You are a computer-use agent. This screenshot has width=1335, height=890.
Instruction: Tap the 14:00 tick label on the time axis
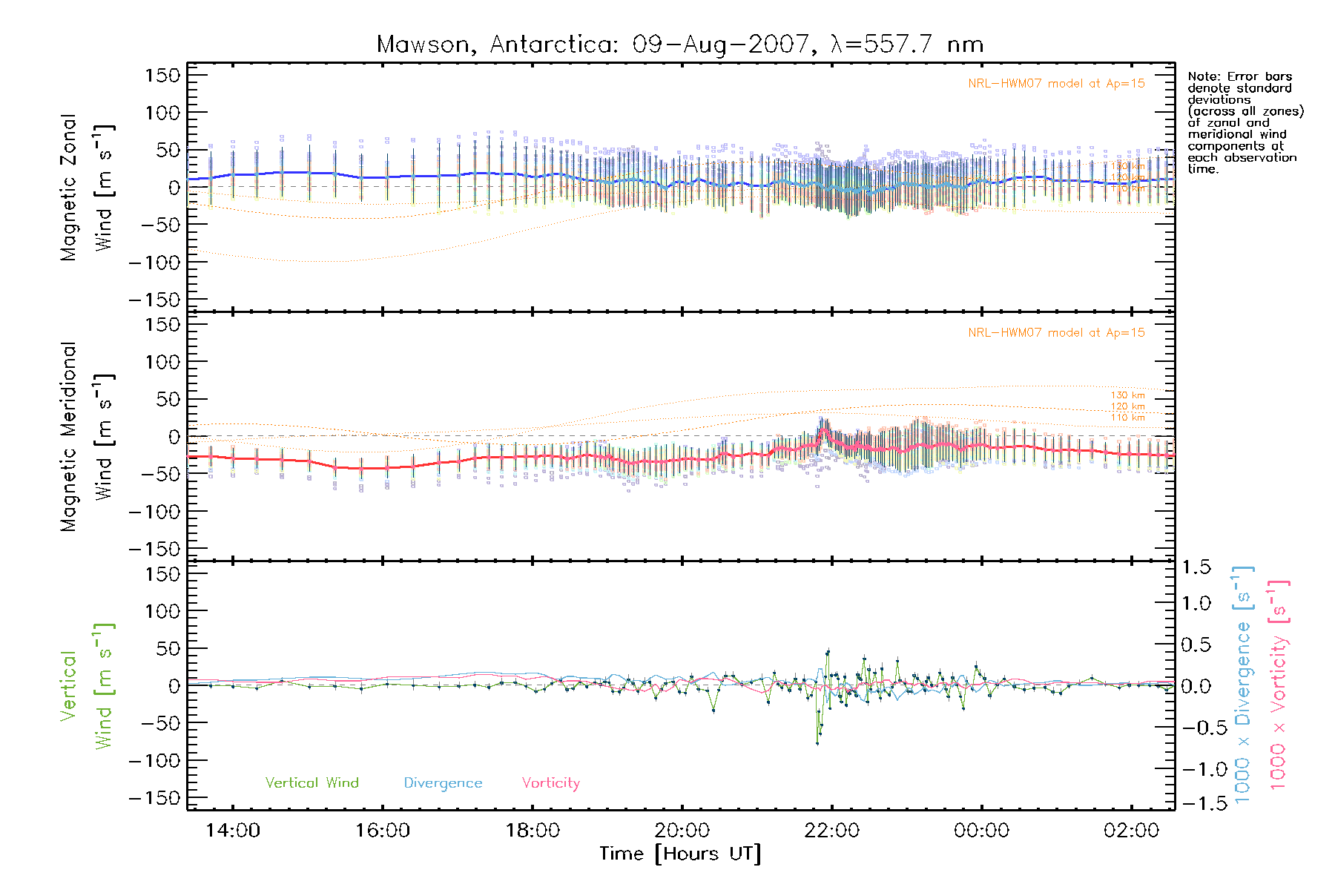click(233, 831)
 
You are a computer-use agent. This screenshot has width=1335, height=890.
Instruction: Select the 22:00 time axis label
click(831, 831)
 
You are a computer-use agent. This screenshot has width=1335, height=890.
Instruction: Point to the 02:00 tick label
click(1131, 831)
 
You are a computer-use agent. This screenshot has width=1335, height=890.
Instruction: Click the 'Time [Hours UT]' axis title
click(680, 854)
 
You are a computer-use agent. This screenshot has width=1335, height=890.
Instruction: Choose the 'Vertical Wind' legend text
click(311, 783)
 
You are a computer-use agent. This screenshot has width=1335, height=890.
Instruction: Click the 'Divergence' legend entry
click(443, 783)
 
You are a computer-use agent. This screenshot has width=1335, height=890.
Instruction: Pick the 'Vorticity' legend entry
click(550, 783)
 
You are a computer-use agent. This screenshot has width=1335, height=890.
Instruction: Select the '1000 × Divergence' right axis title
click(1243, 685)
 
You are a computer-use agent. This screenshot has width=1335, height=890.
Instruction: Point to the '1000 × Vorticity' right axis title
click(1279, 685)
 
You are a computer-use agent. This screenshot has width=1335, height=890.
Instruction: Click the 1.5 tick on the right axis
click(1196, 567)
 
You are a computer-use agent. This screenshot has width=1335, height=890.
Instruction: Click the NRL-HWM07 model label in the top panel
click(1056, 84)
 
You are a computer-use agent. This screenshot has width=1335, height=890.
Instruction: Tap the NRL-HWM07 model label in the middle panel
click(1056, 333)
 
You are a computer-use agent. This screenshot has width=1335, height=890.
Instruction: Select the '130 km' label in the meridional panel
click(1127, 395)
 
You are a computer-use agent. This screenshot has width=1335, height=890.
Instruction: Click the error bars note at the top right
click(1245, 122)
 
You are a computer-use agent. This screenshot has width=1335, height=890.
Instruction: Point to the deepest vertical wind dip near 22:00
click(817, 742)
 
